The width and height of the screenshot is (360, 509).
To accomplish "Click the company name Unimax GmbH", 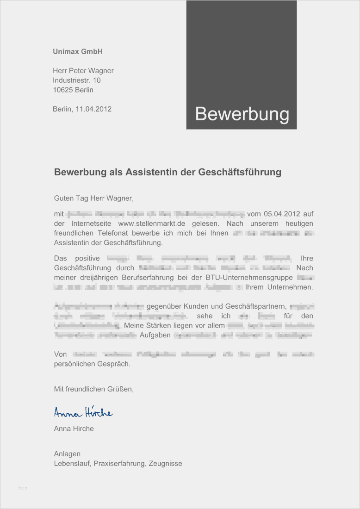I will click(x=77, y=51).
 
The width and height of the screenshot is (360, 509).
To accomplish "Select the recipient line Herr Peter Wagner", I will click(x=83, y=71).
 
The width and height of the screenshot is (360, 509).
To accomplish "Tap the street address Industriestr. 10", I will click(x=76, y=80).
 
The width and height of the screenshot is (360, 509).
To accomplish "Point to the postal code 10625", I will click(x=62, y=90).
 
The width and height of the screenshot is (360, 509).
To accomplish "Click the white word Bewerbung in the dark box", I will click(x=242, y=114).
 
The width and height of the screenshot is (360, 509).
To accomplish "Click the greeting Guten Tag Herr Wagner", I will click(x=93, y=199).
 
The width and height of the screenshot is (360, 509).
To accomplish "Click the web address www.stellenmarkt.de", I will click(x=152, y=223).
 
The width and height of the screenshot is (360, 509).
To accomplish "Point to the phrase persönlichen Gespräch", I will click(x=92, y=364).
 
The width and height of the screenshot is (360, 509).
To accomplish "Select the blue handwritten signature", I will click(x=83, y=412).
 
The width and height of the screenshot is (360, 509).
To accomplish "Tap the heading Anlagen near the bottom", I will click(x=67, y=454).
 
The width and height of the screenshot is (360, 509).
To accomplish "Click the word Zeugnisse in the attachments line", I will click(x=165, y=463).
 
